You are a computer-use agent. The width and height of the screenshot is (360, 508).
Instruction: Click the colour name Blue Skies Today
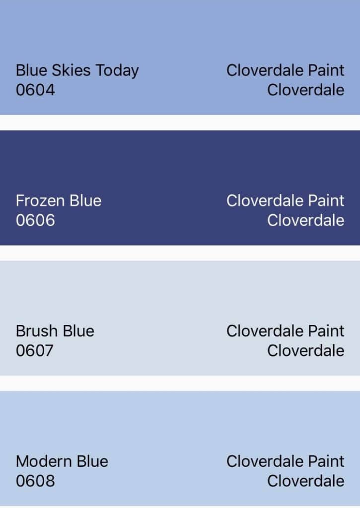pos(77,71)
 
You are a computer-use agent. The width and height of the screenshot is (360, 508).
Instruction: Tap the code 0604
pos(35,90)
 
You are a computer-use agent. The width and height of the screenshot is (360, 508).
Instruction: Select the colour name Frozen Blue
pos(59,200)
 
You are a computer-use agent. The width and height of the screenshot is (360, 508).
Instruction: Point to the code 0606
pos(35,220)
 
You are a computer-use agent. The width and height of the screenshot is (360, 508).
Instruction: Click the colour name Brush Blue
pos(55,331)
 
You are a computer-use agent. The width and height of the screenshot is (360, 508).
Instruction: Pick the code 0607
pos(35,351)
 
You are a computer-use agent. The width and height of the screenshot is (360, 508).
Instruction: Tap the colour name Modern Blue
pos(62,461)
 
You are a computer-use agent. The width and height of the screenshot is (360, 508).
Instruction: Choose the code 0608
pos(35,481)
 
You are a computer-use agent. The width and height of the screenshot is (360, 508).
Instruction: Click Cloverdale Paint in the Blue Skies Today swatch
pos(286,70)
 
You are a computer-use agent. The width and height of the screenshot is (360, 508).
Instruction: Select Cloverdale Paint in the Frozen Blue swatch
pos(286,200)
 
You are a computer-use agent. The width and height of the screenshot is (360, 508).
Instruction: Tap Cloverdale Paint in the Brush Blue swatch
pos(286,331)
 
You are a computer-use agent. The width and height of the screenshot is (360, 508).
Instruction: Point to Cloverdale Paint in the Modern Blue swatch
pos(286,461)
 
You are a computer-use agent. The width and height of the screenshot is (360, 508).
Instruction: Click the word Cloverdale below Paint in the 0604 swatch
pos(306,90)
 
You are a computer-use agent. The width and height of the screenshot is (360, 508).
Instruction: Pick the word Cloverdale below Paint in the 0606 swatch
pos(306,220)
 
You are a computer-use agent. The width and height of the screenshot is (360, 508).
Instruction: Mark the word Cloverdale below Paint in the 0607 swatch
pos(306,351)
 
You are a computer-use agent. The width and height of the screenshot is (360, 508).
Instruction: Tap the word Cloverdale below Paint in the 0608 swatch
pos(306,481)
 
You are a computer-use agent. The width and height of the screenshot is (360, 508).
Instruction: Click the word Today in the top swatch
pos(117,71)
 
